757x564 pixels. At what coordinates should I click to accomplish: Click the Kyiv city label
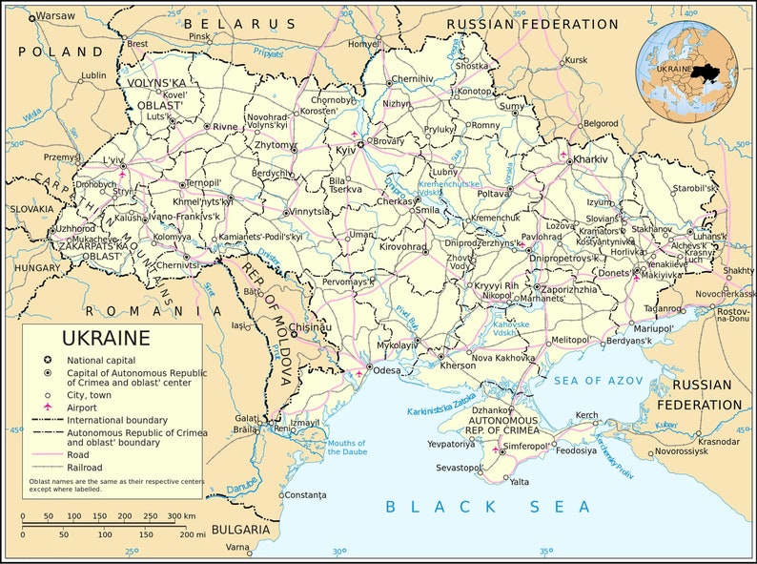pos(343,151)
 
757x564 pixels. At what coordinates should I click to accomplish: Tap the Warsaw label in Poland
pos(55,16)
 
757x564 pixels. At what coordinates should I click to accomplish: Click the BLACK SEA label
pos(488,507)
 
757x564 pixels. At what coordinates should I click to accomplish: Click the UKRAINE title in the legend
pos(106,338)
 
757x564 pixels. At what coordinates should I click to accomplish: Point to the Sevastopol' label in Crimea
pos(460,468)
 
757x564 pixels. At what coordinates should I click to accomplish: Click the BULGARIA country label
pos(241,528)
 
